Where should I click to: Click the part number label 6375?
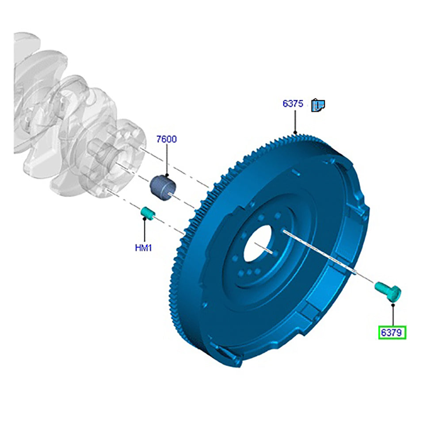[293, 104]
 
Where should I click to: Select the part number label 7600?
[167, 139]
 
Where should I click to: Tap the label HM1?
[144, 248]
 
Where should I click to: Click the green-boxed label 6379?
[392, 332]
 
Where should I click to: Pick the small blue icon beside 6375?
[318, 105]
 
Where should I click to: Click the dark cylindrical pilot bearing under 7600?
[162, 187]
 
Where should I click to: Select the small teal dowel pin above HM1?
[148, 214]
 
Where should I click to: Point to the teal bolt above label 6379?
[388, 291]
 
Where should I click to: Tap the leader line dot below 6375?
[295, 132]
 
